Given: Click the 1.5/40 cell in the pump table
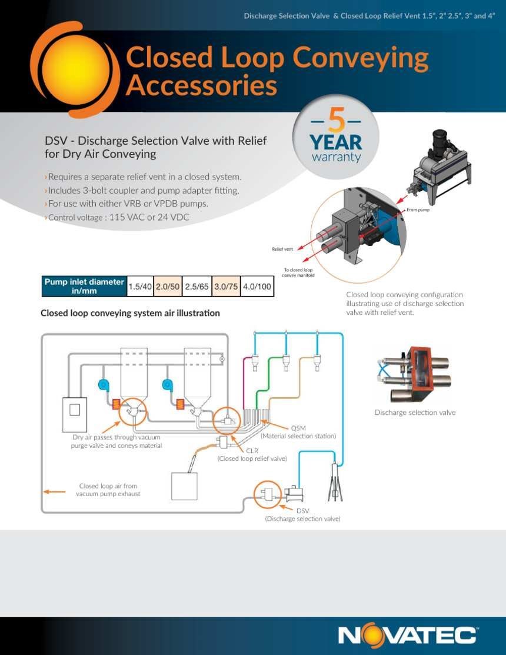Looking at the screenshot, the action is coord(140,287).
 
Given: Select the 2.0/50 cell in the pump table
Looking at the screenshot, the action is coord(168,287).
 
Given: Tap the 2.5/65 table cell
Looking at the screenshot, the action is coord(197,287).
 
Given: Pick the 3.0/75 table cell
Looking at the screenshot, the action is coord(226,287).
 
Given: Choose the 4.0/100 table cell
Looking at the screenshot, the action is coord(257,287).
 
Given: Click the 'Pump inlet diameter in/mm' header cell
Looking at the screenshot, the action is coord(84,287).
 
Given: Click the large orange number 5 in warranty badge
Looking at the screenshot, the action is coord(336,121).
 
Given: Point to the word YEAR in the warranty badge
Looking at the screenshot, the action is coord(335,142).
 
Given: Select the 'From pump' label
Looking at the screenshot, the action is coord(418,210).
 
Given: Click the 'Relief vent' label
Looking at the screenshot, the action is coord(282,249).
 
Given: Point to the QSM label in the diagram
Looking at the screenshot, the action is coord(298,428).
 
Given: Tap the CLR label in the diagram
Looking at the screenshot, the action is coord(252,451).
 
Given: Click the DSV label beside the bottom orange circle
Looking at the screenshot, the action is coord(302,511).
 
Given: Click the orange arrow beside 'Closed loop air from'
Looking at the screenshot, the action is coord(55,491).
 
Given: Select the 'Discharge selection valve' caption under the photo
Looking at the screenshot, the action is coord(415,413).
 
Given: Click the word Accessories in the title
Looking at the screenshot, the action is coord(201,86).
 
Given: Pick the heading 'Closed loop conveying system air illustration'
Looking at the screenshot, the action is coord(130,313).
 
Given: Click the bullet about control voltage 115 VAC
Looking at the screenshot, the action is coord(117,217).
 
